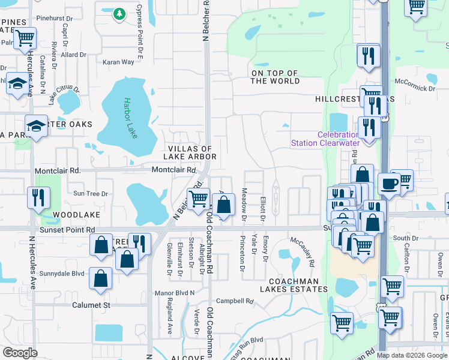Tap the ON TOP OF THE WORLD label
[x=276, y=77]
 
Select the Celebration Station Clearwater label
[x=325, y=139]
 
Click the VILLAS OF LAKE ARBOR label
[x=192, y=152]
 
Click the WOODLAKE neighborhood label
[x=74, y=214]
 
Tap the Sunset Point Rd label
[x=67, y=230]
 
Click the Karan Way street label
[x=118, y=62]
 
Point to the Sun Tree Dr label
[x=91, y=193]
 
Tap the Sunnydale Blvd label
[x=62, y=274]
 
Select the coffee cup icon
[x=389, y=183]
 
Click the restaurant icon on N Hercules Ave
[x=39, y=197]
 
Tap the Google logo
[x=20, y=353]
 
